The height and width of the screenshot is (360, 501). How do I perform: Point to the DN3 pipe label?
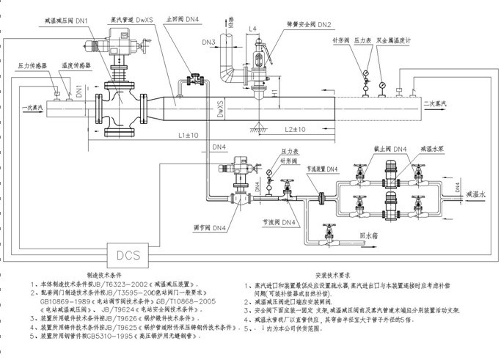[x=207, y=42]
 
